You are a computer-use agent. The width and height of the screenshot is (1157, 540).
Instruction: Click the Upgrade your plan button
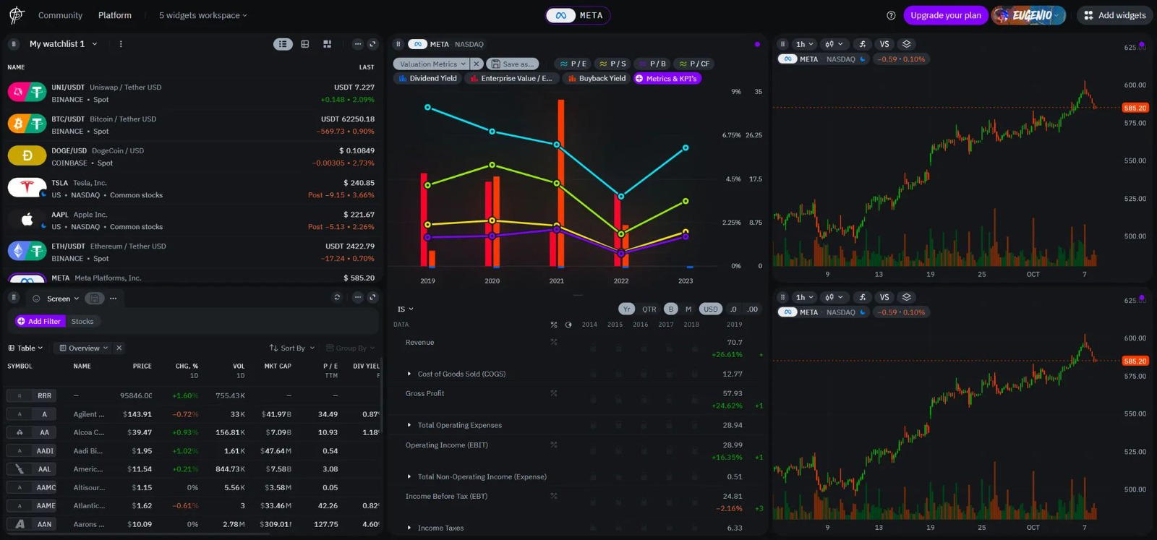(945, 15)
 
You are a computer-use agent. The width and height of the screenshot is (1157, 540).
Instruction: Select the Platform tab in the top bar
(115, 15)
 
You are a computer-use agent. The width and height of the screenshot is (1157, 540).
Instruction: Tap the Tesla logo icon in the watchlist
(27, 188)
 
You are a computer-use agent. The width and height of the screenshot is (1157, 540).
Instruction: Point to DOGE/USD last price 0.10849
(357, 150)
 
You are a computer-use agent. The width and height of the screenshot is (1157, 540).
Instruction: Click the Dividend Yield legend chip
(427, 78)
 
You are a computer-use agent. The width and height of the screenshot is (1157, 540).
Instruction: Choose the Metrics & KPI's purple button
(667, 78)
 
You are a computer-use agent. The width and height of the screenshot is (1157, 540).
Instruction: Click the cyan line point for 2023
(686, 147)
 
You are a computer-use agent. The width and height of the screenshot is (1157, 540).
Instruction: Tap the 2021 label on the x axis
(556, 280)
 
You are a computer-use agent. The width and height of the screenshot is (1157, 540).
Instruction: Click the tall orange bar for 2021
(561, 181)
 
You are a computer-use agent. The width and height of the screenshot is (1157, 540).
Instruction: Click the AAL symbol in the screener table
(44, 469)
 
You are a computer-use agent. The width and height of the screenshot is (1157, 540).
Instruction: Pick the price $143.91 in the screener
(137, 414)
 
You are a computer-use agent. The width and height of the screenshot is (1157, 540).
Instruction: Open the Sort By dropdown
(292, 348)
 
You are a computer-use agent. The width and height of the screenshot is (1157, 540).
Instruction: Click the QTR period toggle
(649, 309)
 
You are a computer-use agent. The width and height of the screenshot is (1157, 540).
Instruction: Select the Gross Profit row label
(424, 393)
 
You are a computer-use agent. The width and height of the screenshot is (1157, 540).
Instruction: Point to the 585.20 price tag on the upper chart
(1135, 108)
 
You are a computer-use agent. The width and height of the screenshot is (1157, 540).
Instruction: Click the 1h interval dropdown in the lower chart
(804, 297)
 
